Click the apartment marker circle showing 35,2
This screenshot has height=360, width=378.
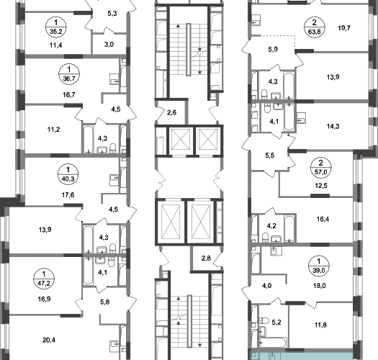56,27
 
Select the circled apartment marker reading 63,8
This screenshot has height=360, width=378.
314,27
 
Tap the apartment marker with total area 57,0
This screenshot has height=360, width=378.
320,167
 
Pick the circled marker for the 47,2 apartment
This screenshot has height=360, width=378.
44,279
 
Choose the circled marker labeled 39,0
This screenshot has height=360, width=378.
319,266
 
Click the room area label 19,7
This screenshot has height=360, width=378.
344,28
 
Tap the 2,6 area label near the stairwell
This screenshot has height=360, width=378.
171,112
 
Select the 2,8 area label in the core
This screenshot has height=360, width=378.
206,258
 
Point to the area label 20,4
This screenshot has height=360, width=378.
49,341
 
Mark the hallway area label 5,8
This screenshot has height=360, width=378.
105,302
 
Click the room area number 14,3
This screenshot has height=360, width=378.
333,126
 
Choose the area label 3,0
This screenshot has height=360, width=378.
109,45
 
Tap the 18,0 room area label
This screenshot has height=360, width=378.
320,286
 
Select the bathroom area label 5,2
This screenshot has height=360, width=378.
276,323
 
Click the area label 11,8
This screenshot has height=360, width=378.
320,325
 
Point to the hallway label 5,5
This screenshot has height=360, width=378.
270,156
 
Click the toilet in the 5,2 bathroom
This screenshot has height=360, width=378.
264,321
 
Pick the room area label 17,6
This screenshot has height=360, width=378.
68,195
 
